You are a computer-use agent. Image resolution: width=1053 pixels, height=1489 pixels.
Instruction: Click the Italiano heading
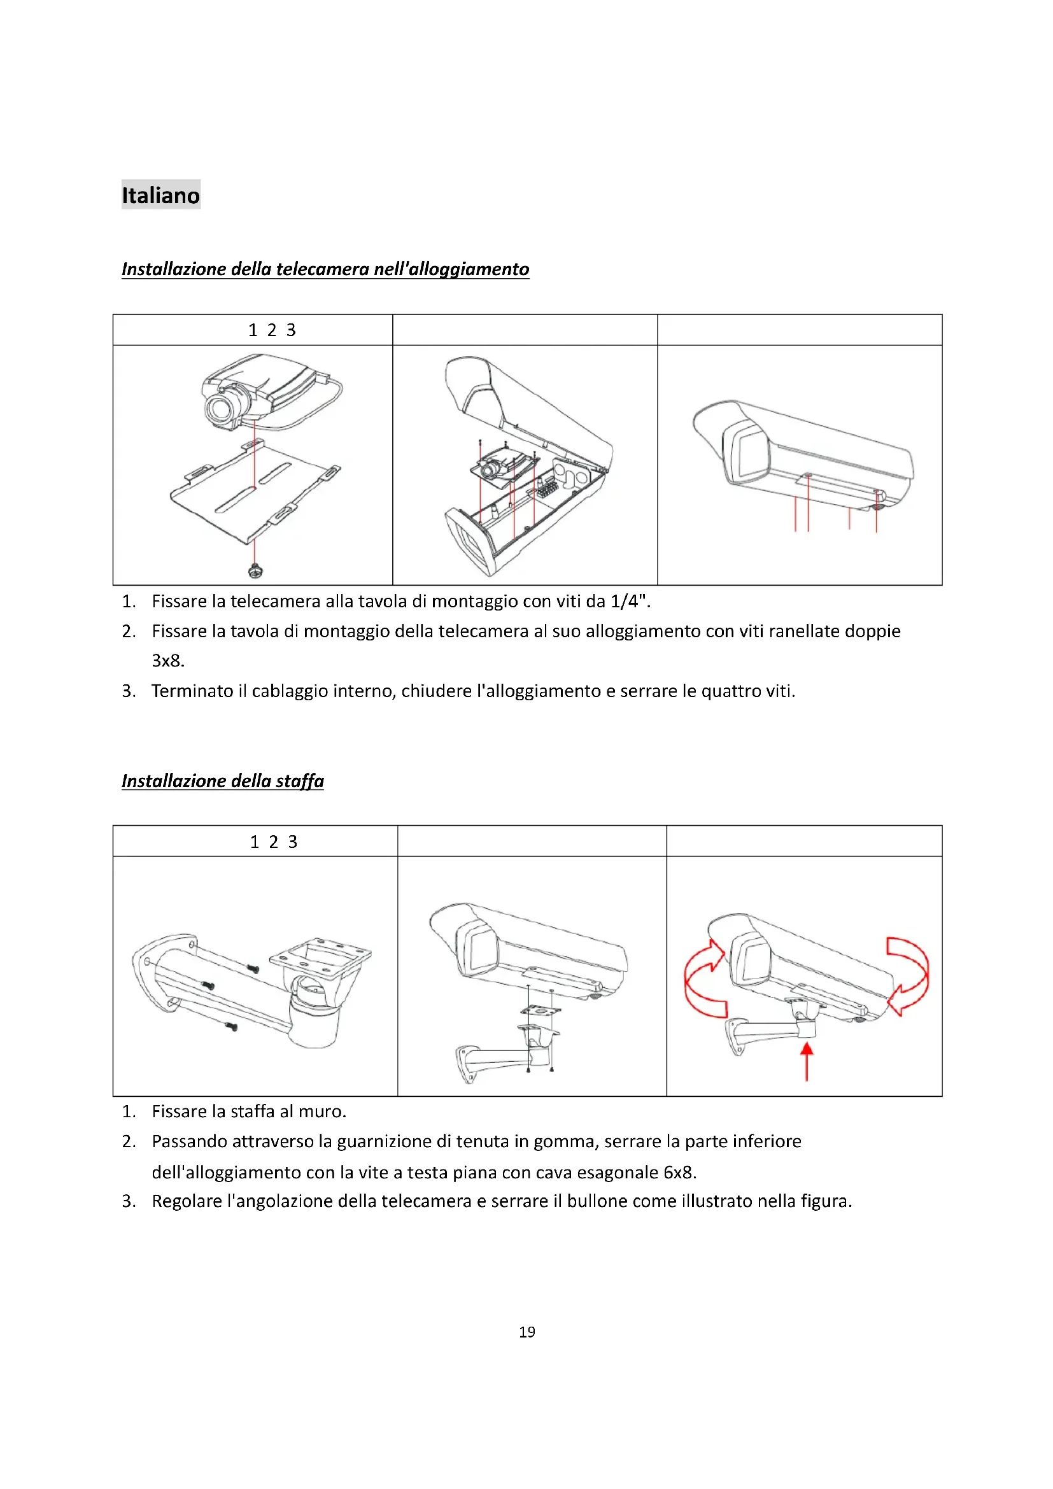(161, 195)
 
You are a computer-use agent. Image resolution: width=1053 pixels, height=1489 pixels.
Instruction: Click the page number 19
(526, 1332)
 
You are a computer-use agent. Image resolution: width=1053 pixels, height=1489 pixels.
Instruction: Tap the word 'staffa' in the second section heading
(300, 780)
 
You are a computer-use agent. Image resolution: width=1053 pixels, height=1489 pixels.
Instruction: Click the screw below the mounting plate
(255, 570)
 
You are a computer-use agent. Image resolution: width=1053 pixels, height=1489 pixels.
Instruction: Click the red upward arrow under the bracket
(806, 1062)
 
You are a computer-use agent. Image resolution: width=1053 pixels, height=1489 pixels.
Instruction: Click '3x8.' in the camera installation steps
(168, 661)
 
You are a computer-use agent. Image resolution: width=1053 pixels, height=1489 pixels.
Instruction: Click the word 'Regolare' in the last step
(186, 1201)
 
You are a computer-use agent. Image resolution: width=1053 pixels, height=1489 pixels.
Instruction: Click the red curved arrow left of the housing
(704, 979)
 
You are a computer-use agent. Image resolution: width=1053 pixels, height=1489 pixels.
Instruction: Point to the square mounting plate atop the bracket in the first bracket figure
(320, 954)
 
